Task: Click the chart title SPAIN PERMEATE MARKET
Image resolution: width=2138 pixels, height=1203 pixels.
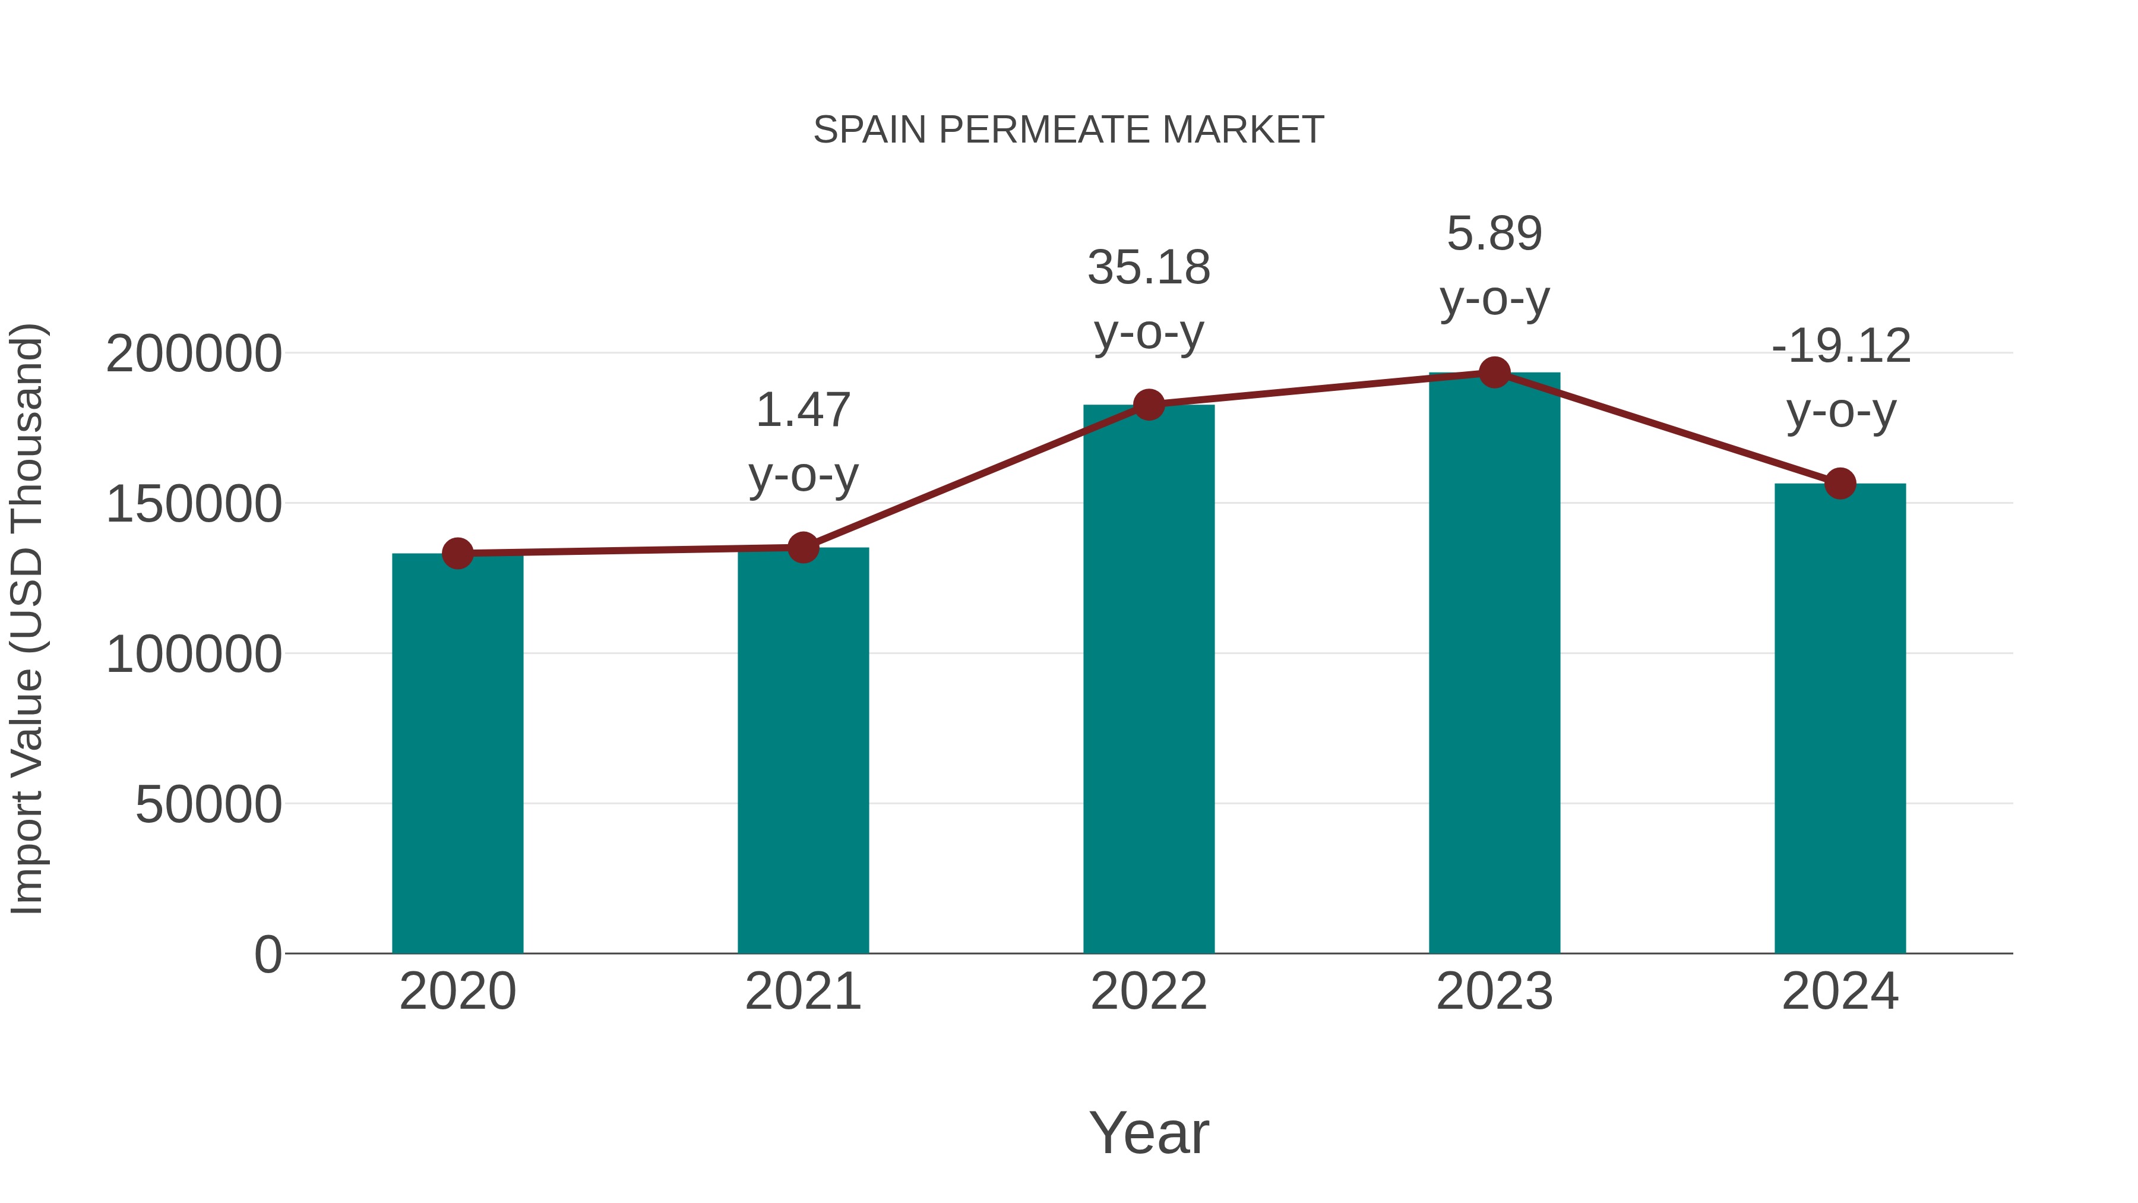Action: (x=1068, y=130)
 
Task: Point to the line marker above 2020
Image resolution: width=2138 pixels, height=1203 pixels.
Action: (x=457, y=553)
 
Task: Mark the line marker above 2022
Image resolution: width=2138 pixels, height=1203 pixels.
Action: (x=1149, y=405)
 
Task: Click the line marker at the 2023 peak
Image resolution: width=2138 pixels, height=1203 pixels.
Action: (x=1494, y=372)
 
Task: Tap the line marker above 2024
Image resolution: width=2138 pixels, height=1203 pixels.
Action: (x=1840, y=483)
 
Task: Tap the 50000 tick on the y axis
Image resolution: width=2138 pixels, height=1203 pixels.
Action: (x=208, y=804)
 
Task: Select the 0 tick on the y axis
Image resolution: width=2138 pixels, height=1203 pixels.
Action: (x=267, y=954)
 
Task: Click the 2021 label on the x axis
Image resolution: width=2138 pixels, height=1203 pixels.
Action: (x=802, y=992)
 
